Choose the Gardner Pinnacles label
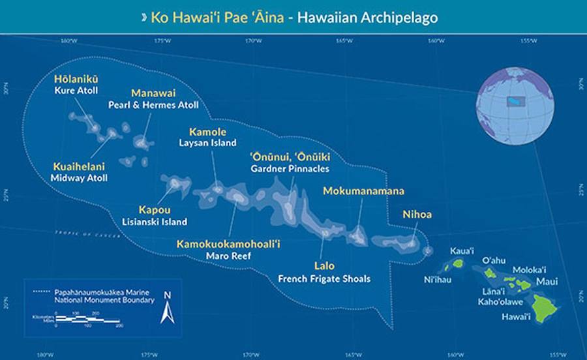290,169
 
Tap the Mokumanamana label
364,191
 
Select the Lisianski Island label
155,222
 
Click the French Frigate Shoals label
324,278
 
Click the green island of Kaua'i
458,264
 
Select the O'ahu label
493,260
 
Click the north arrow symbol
168,310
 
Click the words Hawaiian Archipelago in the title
367,18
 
